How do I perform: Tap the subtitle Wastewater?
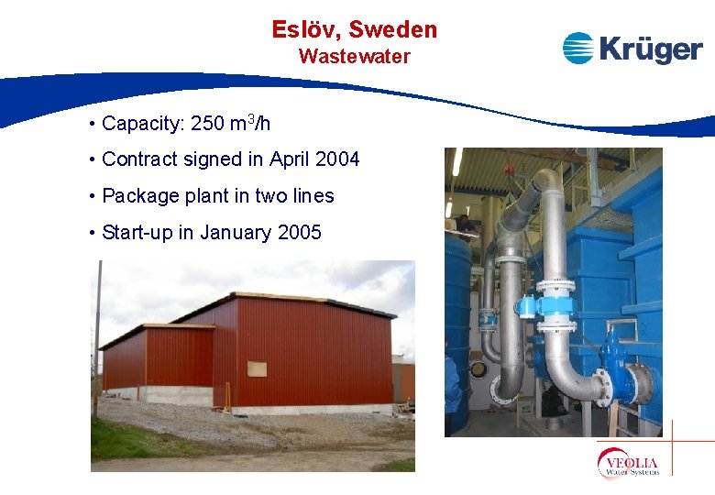354,56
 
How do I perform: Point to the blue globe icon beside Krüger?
578,48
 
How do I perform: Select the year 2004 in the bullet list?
336,159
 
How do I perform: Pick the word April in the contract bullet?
289,159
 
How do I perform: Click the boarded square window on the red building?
259,368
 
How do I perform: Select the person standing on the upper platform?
466,223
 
